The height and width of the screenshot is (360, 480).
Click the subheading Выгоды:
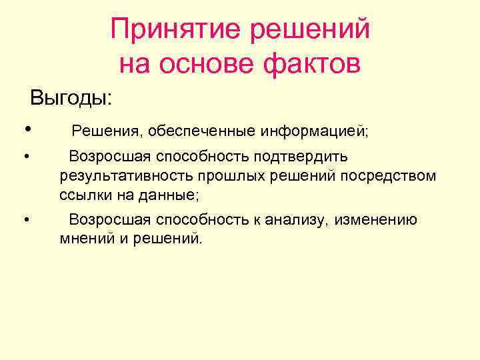tap(71, 99)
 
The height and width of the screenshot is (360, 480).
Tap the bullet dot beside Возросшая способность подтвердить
tap(25, 157)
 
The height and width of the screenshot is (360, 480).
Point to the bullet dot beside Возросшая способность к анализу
tap(25, 220)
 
